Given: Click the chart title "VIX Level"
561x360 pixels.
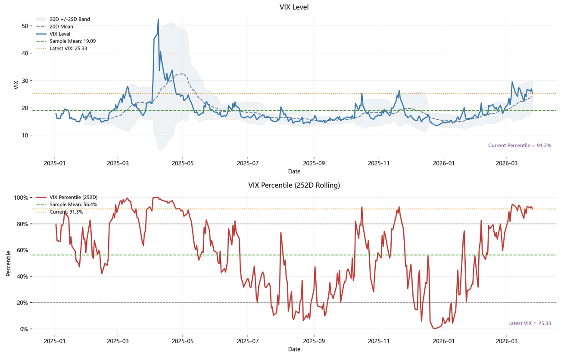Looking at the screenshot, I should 294,7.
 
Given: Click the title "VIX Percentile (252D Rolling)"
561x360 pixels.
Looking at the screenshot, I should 294,186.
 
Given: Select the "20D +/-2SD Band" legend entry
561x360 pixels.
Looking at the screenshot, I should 69,19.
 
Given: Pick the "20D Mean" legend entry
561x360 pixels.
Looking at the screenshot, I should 61,27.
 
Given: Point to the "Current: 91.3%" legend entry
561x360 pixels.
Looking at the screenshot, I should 66,212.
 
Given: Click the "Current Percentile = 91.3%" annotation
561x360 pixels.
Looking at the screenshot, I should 519,146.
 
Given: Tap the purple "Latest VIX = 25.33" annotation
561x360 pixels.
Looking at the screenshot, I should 530,323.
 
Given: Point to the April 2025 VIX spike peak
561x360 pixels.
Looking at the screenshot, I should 158,20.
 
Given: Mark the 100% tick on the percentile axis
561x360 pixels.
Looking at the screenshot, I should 22,198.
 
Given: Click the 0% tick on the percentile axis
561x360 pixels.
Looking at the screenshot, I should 24,329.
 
